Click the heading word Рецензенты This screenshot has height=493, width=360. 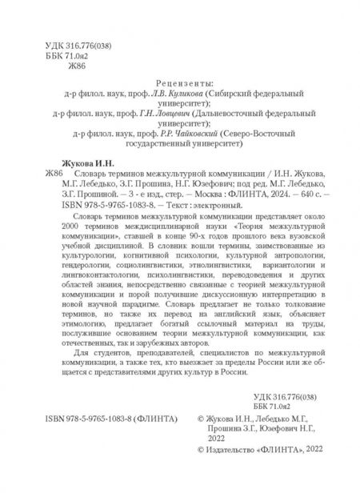pyautogui.click(x=179, y=82)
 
